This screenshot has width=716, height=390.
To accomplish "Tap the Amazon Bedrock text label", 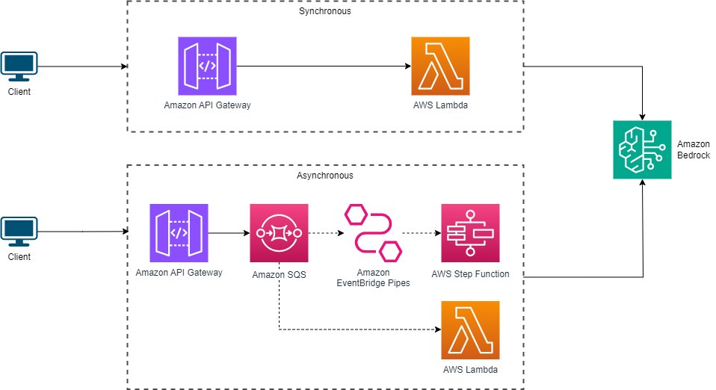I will point(694,149).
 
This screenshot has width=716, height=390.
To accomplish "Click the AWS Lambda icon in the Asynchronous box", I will point(470,330).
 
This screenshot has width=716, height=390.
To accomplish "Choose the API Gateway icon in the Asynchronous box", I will point(179,232).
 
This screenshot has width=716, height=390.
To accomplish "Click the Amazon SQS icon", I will point(279,232).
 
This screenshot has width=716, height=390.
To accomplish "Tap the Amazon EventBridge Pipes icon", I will point(373,232).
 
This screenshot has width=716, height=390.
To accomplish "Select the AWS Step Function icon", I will point(470,232).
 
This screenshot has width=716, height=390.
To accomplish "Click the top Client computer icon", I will point(19,68).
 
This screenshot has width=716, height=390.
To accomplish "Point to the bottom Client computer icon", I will point(19,233).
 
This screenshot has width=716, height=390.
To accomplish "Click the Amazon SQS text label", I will point(279,273).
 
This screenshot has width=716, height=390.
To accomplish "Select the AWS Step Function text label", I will point(470,273).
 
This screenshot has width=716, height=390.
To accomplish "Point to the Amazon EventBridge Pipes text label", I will point(373,278).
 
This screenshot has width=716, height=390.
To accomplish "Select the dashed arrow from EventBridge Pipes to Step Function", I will point(422,232).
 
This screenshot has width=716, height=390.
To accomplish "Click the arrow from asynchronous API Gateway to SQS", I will point(229,232).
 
